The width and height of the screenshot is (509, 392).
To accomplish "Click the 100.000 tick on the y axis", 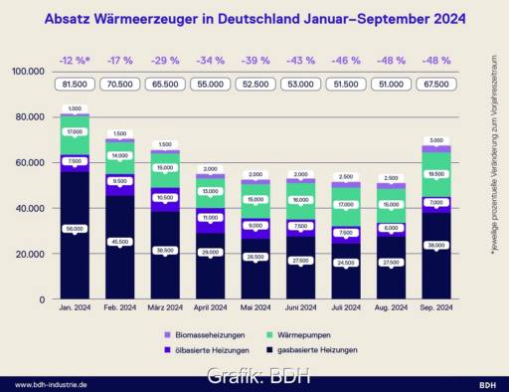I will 28,72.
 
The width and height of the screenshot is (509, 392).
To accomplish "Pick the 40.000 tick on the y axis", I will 30,208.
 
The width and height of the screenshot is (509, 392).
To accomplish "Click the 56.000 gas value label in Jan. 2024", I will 76,230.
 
